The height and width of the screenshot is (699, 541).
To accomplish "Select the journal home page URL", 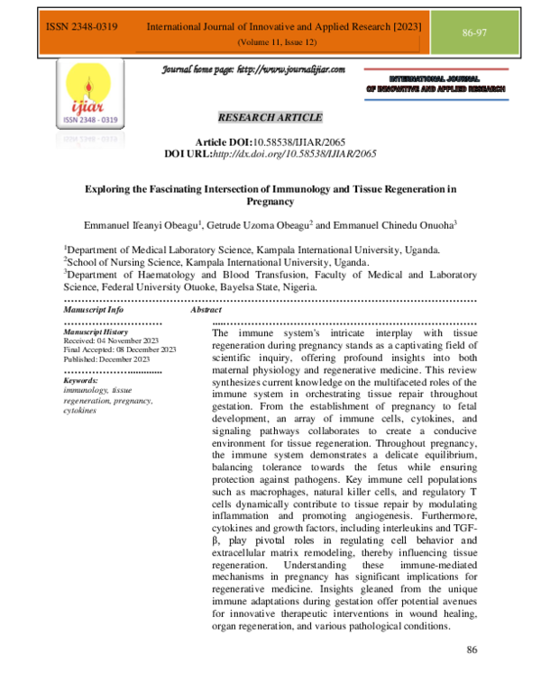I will coord(253,70).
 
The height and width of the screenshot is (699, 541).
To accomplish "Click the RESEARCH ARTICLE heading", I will coord(270,117).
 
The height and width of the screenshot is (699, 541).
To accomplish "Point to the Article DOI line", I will coord(270,142).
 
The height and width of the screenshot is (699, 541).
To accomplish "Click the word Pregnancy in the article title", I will coord(270,203).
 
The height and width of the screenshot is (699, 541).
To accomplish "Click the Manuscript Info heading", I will coord(94,309).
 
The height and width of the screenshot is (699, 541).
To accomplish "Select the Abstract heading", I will coord(207,309).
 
